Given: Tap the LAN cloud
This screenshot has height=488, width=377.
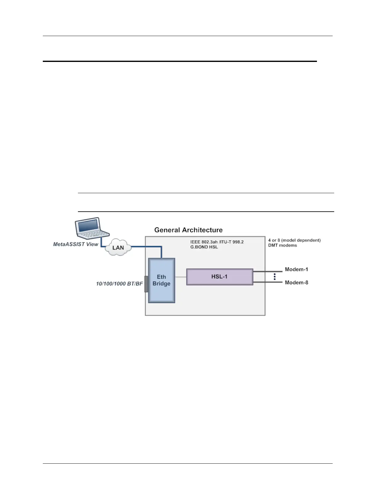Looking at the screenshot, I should point(118,247).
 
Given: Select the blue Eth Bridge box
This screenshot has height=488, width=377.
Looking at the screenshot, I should point(162,280).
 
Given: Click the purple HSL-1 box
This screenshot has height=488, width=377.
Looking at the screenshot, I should point(220,277).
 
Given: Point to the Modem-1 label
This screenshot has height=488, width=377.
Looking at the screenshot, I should point(296,270).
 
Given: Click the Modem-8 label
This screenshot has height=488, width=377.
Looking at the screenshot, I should point(296,283).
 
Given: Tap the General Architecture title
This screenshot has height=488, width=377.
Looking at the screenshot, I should point(188,230).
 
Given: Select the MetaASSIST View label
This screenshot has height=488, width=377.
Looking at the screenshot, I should point(75,244).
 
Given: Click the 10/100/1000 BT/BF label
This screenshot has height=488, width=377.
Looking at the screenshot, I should point(120,283).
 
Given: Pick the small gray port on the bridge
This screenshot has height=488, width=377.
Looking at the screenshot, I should point(146,284).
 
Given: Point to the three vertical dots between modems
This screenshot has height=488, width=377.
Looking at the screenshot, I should point(274,276).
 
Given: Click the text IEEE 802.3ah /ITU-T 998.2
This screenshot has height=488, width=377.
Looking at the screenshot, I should point(217,242).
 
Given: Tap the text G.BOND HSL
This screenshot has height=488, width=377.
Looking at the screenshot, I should point(204,247).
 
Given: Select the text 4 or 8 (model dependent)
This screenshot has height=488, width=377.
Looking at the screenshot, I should point(294,240).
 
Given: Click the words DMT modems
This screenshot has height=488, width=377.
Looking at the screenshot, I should point(282,246).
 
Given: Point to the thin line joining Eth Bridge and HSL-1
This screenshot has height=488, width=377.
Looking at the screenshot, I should point(181,277).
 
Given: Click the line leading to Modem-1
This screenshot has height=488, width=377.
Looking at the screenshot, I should point(267,271).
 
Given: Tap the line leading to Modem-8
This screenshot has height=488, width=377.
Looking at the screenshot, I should point(267,282).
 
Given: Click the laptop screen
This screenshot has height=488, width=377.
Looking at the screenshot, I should point(88,225).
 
